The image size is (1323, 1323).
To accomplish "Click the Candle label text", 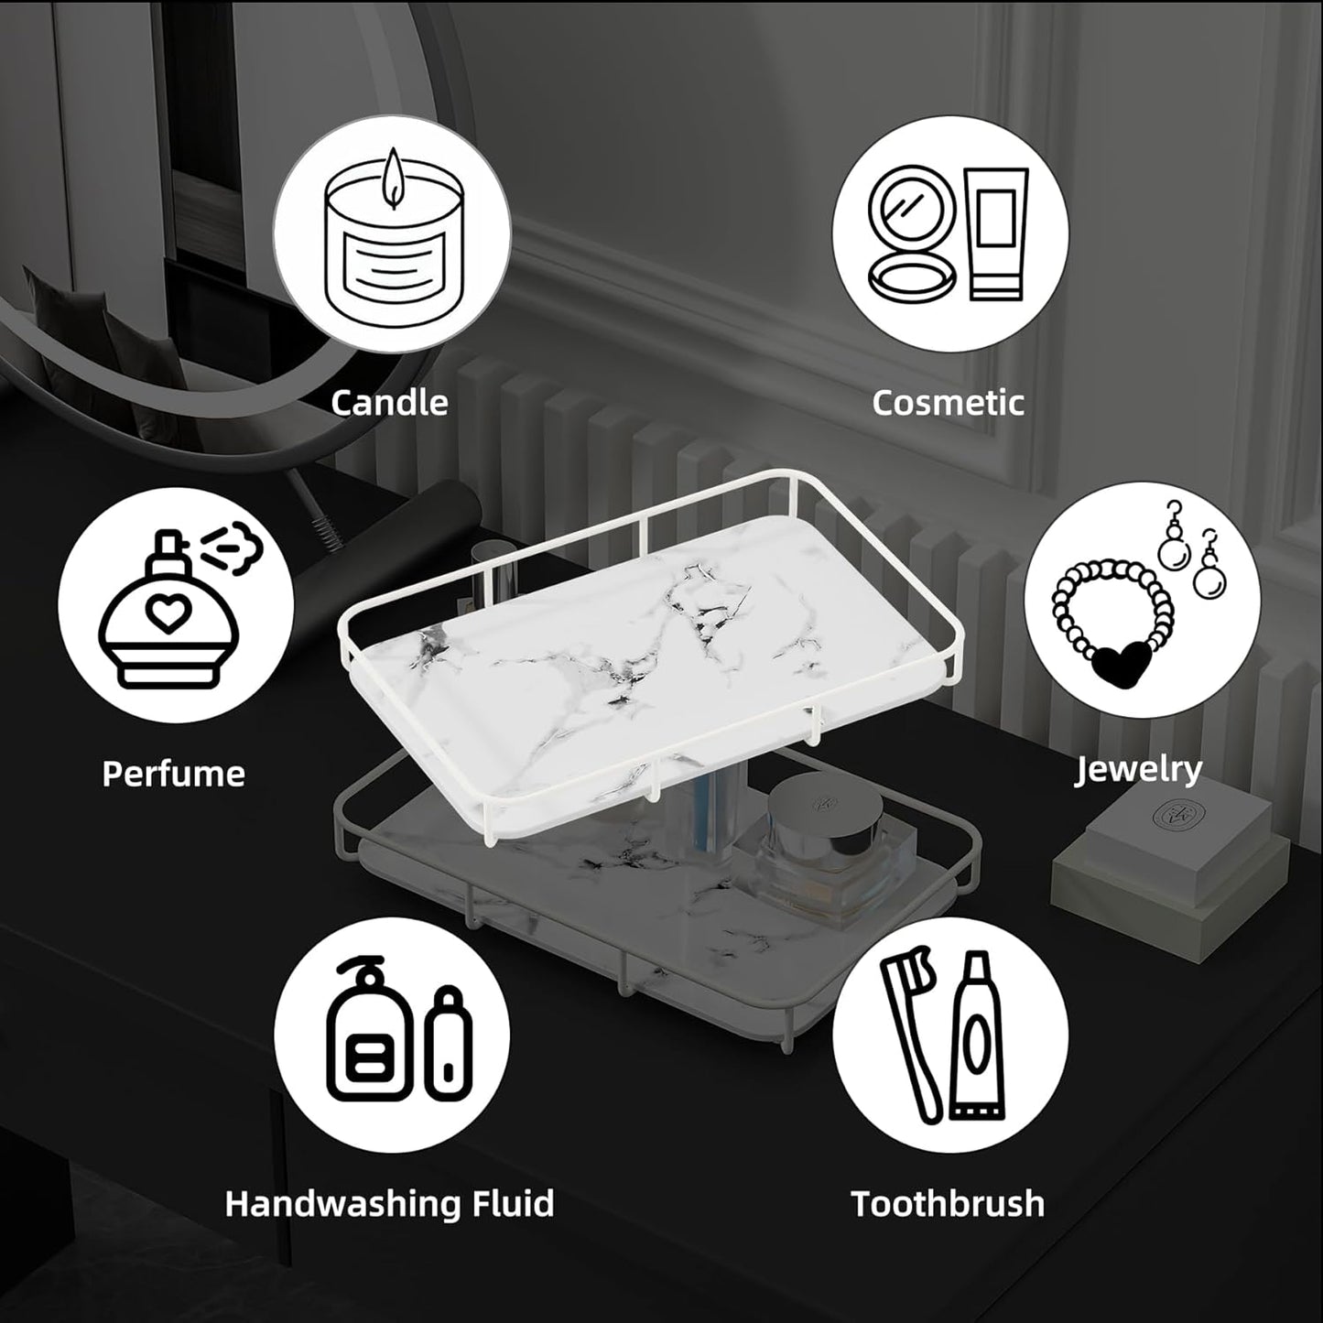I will coord(389,403).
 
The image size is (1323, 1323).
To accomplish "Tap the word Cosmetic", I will coord(948,403).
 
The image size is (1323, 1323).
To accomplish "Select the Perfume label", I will coord(173,774).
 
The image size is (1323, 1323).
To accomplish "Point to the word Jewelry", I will coord(1138,769).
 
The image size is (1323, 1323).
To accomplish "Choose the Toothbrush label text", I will coord(948,1203).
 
